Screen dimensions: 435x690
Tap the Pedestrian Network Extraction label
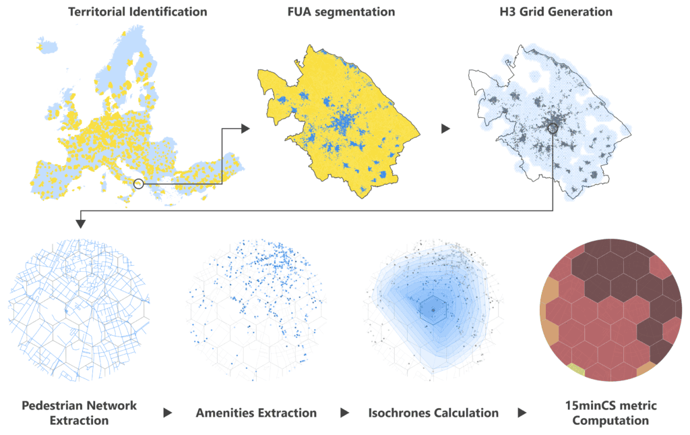click(x=79, y=413)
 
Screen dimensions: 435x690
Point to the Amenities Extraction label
click(x=256, y=413)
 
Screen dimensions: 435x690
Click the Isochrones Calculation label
click(x=434, y=413)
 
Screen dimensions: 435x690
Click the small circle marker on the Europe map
click(x=138, y=183)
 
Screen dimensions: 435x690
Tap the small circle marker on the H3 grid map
click(x=553, y=128)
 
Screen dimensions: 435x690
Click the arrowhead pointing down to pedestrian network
click(x=81, y=223)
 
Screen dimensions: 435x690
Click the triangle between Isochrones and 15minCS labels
click(x=522, y=413)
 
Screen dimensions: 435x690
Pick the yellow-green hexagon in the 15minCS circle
click(x=575, y=369)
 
